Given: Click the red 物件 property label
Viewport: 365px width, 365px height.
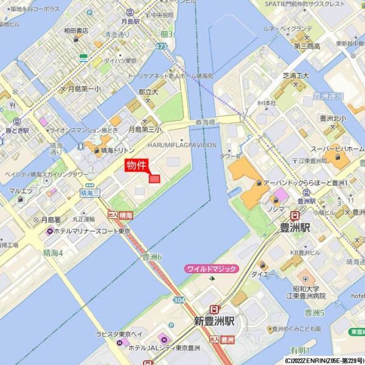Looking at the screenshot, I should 137,165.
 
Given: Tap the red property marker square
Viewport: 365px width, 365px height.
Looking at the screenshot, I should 155,179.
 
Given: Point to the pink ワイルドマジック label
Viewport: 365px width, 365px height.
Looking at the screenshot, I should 212,268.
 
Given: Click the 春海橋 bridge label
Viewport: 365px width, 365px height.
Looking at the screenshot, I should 206,122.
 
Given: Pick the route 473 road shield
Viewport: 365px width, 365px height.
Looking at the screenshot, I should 161,46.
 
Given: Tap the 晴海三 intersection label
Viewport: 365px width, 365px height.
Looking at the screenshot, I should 89,192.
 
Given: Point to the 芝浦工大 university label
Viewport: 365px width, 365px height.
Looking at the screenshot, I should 296,75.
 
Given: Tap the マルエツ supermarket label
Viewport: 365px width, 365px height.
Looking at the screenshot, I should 21,191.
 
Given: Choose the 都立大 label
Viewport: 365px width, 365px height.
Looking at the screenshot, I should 148,91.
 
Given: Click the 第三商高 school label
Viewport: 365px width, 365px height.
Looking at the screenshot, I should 307,46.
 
